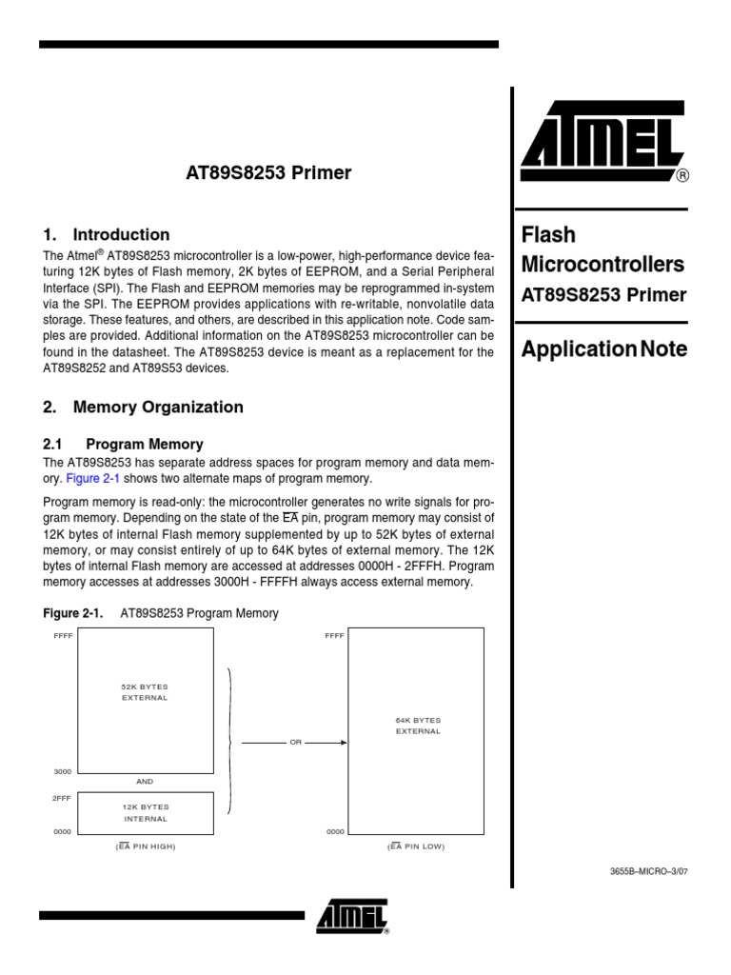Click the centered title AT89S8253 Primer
267,173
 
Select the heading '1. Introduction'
107,235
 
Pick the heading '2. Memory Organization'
143,408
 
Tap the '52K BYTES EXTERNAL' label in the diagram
145,692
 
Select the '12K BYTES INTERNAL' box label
146,813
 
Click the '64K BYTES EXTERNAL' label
418,726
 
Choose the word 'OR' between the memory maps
294,743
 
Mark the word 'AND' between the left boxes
145,781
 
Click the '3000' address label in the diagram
63,772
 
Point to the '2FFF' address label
62,798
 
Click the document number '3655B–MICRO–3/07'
648,871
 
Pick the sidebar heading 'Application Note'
603,349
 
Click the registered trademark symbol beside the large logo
682,176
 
